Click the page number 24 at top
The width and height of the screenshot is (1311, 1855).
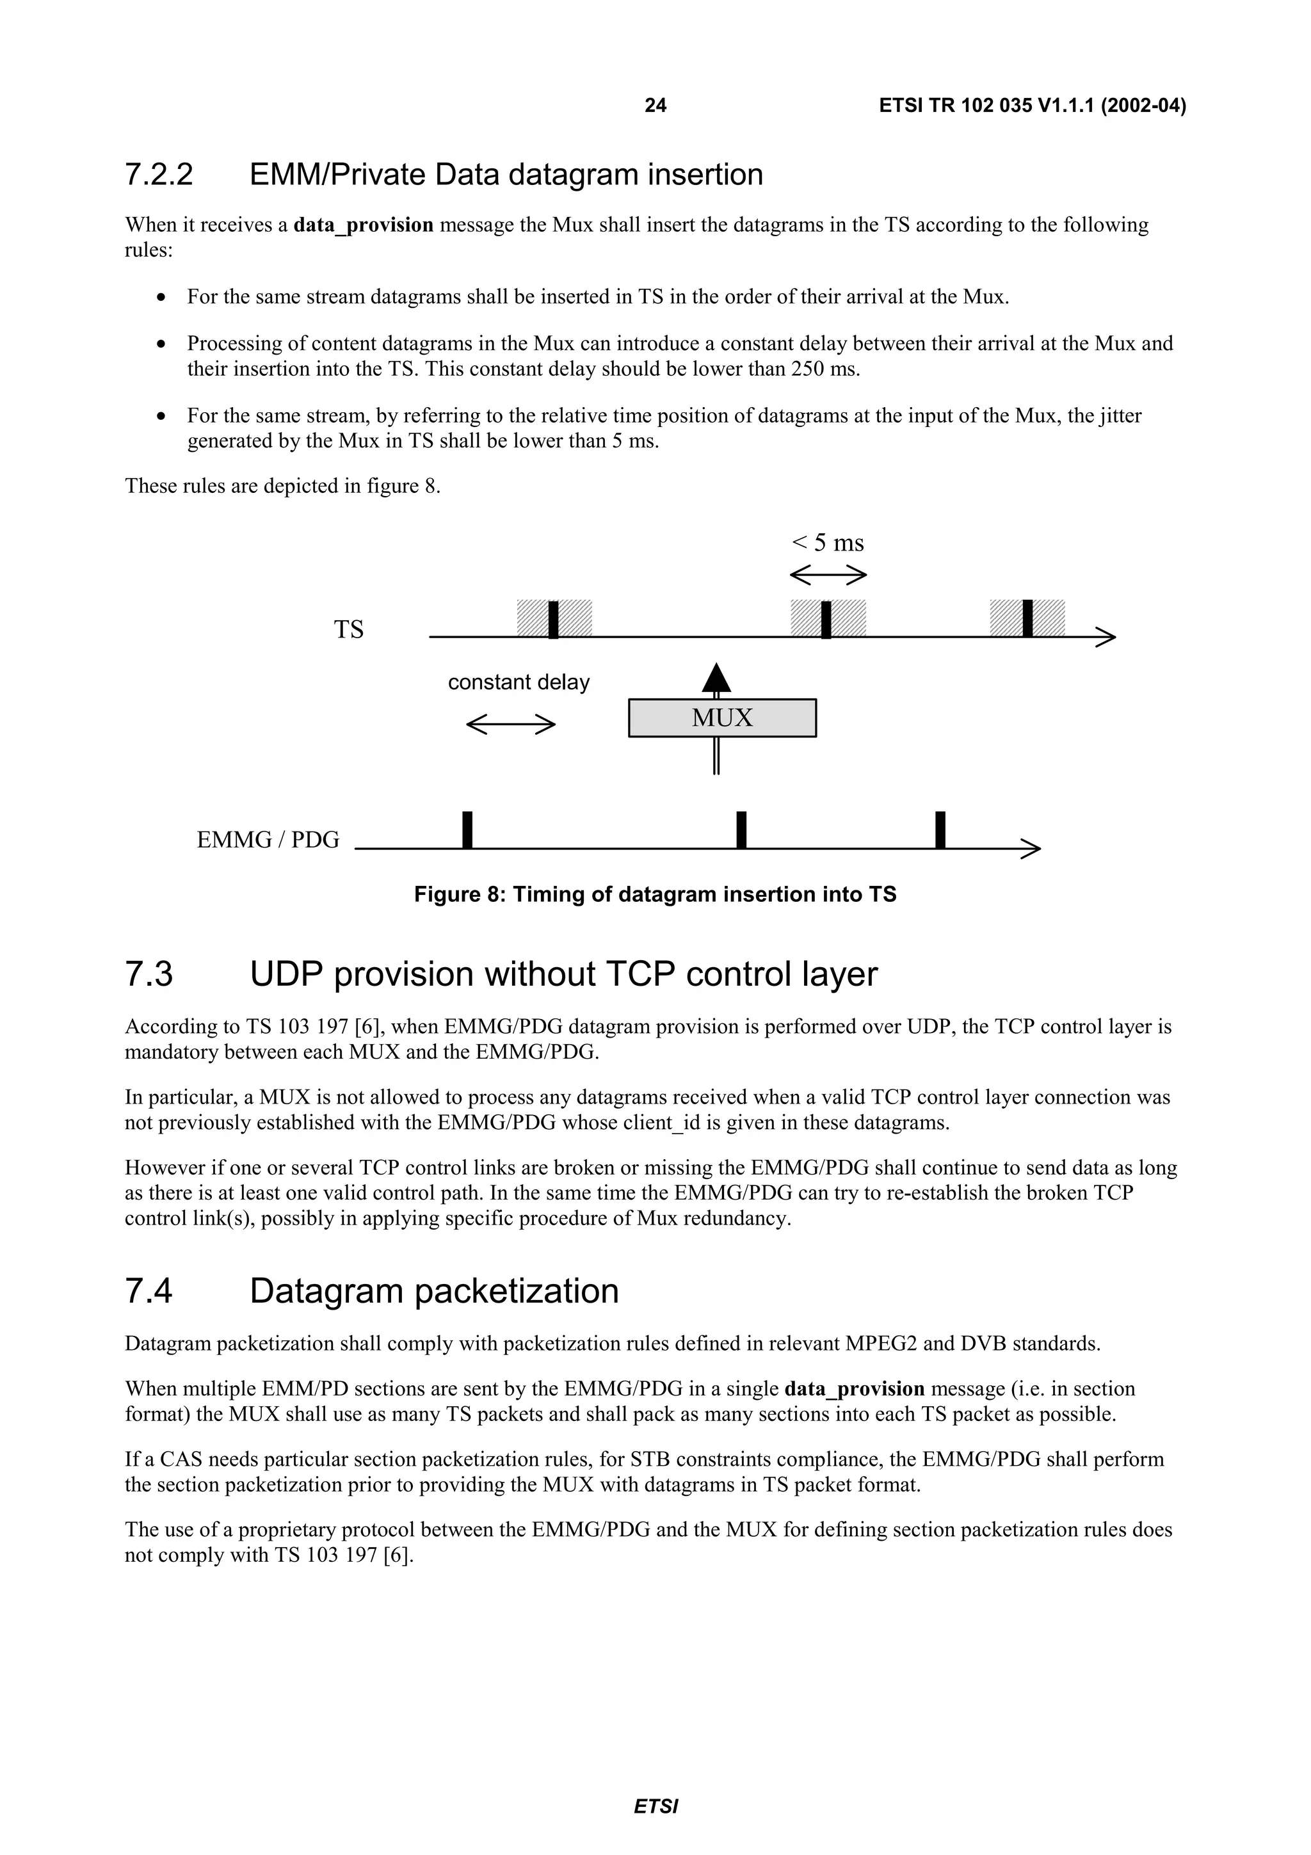(x=655, y=105)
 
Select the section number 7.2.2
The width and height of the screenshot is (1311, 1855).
(x=159, y=175)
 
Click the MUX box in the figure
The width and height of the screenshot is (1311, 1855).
(x=722, y=718)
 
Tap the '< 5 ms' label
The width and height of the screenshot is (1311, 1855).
(x=828, y=542)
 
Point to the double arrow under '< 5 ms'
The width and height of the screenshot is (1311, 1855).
(x=828, y=575)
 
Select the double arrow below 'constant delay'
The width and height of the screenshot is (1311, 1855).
(x=510, y=724)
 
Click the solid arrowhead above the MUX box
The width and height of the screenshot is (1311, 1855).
(x=716, y=678)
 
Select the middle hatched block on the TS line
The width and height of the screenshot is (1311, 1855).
(x=828, y=618)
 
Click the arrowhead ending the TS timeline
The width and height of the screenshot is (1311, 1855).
(x=1107, y=637)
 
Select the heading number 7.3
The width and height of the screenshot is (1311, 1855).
(x=149, y=974)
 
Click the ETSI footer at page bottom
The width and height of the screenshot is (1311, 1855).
(x=655, y=1806)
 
